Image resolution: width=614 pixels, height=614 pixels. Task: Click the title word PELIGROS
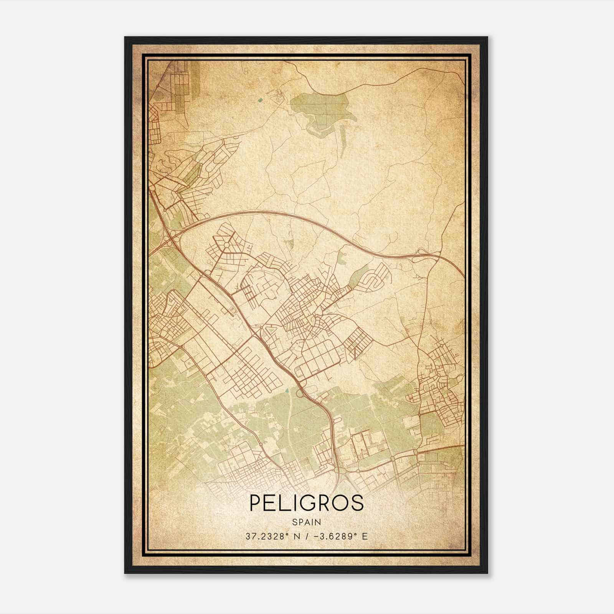click(x=307, y=503)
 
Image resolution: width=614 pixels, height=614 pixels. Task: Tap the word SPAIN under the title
click(x=307, y=522)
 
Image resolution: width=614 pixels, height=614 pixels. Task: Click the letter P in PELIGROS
click(x=256, y=503)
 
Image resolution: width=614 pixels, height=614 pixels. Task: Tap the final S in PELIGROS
click(x=357, y=503)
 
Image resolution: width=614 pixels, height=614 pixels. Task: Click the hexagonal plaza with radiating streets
click(x=226, y=244)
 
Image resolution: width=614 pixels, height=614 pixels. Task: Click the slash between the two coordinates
click(x=307, y=536)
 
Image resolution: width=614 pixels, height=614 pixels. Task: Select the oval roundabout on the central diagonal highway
click(x=300, y=392)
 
